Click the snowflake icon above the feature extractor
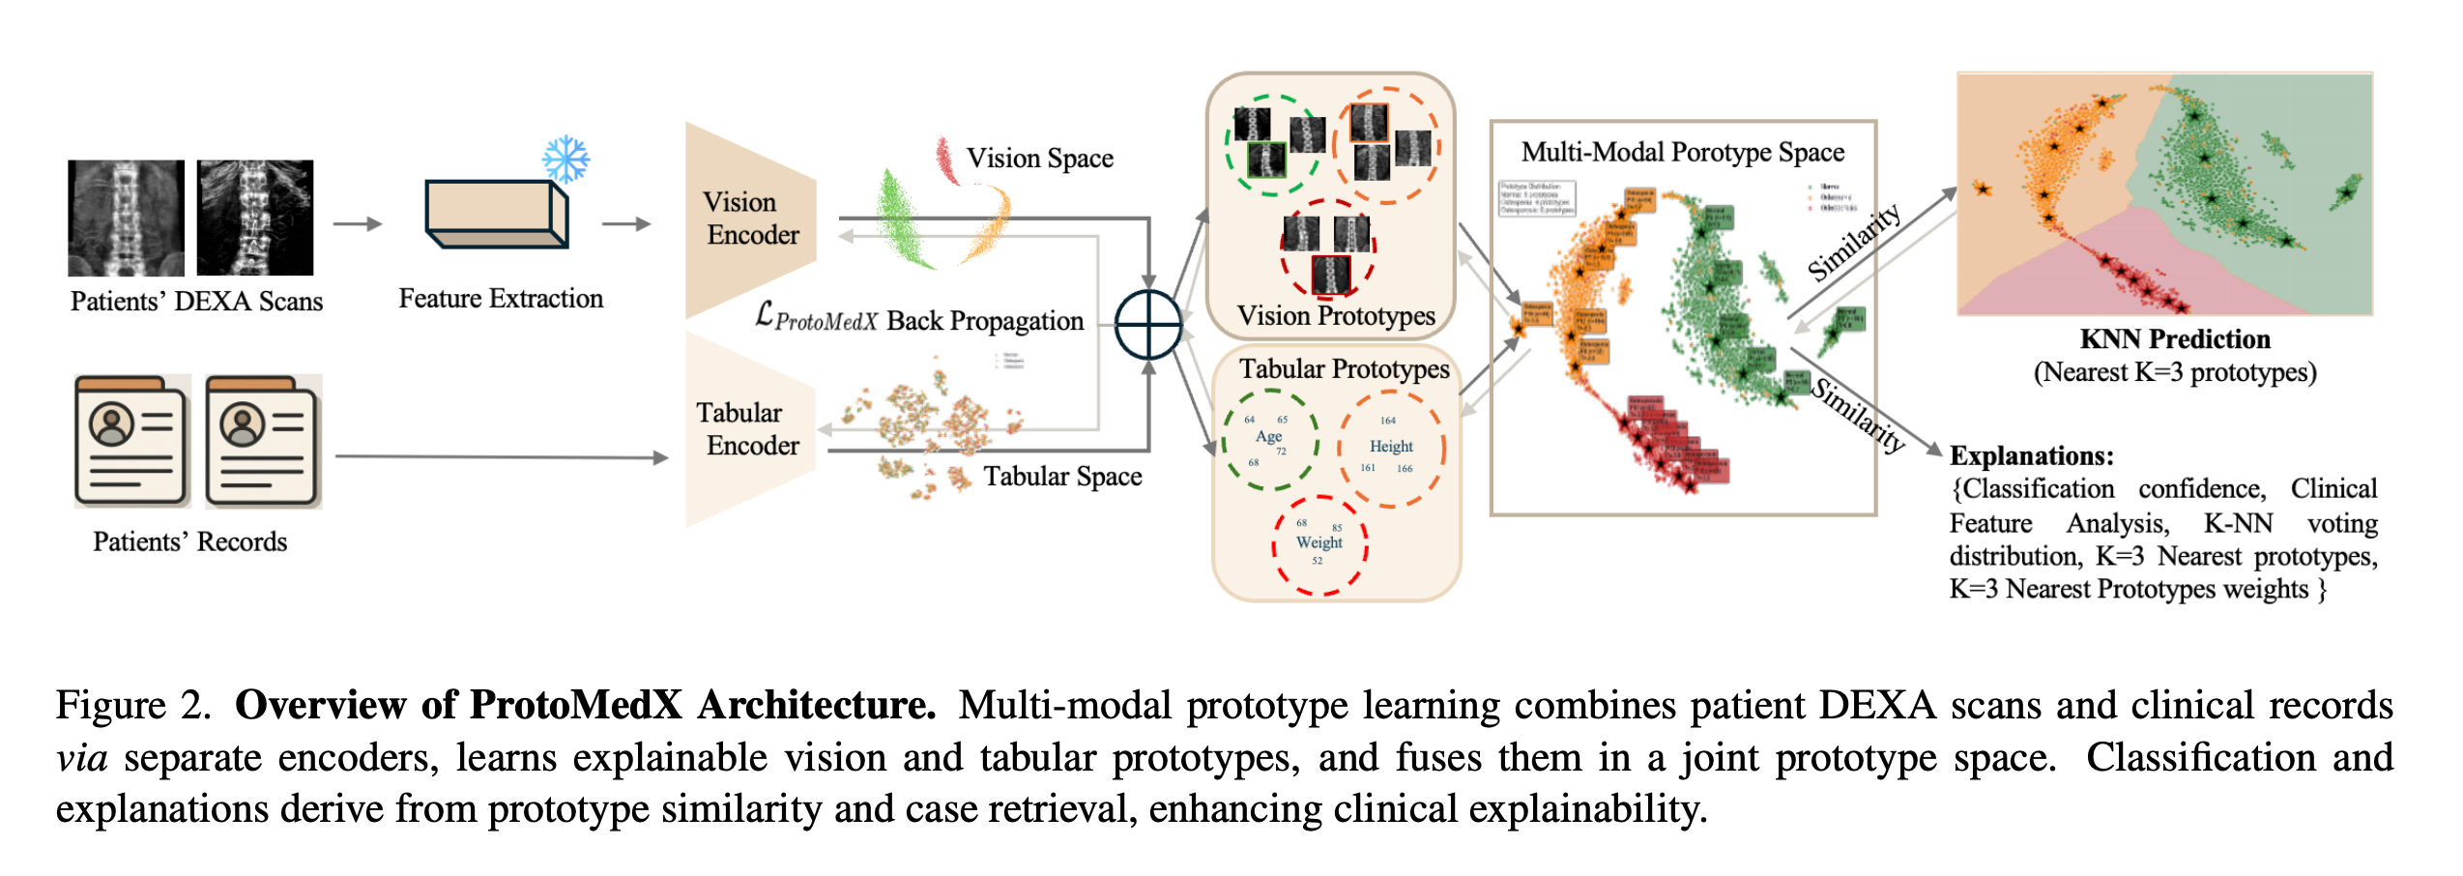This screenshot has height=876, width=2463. (565, 160)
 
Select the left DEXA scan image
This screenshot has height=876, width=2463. (126, 218)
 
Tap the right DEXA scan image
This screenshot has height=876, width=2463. (255, 218)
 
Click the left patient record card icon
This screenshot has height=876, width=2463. (132, 441)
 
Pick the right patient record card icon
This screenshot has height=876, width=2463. (263, 441)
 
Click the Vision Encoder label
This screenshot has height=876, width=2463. (751, 219)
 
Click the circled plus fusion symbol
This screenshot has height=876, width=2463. (1147, 325)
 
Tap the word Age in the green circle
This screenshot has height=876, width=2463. (1268, 437)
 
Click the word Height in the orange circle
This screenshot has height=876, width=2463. (1390, 447)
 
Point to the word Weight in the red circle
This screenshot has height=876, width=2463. (1318, 542)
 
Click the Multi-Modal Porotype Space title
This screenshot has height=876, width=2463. (1682, 153)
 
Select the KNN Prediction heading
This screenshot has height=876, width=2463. (2174, 339)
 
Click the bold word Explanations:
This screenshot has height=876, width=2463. (2031, 456)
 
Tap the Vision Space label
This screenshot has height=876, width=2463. (1039, 159)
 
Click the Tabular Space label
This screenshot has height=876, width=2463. (1061, 477)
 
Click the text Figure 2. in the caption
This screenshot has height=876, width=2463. (132, 706)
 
